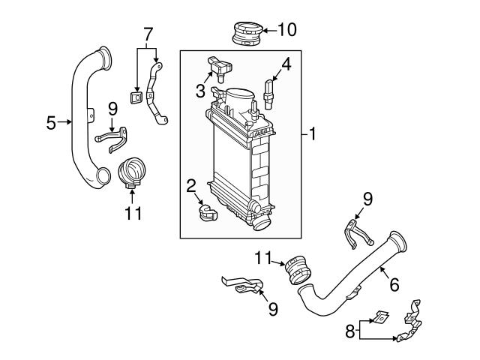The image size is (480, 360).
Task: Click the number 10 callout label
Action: click(287, 30)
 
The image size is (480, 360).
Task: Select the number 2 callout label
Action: click(191, 185)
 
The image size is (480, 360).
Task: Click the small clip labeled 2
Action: click(208, 213)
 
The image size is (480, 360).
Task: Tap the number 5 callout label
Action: click(51, 122)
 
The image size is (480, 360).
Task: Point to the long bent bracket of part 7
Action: click(156, 94)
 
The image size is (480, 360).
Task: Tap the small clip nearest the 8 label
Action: click(380, 318)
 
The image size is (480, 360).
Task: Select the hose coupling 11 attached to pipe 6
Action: click(297, 270)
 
